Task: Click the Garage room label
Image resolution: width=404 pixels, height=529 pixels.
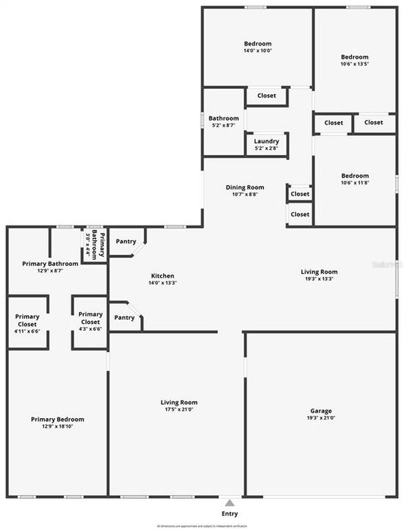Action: (321, 411)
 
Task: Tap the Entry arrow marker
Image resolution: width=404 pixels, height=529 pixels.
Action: (230, 503)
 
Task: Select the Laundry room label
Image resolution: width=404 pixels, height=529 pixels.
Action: (266, 141)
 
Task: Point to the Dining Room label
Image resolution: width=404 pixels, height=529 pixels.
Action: (245, 187)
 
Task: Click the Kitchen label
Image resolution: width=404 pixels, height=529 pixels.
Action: (162, 276)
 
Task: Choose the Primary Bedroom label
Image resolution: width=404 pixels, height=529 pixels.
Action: (57, 419)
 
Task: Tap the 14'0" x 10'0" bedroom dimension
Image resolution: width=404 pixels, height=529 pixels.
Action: (258, 51)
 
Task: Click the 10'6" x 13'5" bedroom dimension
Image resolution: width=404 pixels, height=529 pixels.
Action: (355, 64)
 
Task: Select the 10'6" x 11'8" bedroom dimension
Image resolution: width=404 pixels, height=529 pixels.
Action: (355, 183)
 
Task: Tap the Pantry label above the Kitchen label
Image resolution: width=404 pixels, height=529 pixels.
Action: (126, 241)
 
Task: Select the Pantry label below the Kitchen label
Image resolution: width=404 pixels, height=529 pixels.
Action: (125, 317)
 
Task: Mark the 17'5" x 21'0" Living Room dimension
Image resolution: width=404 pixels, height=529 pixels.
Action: (179, 410)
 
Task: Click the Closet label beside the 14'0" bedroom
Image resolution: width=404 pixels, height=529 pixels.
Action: (266, 96)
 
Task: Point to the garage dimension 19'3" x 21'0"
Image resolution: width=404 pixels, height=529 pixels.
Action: (321, 418)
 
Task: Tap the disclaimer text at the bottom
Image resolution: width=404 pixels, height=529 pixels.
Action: (201, 526)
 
